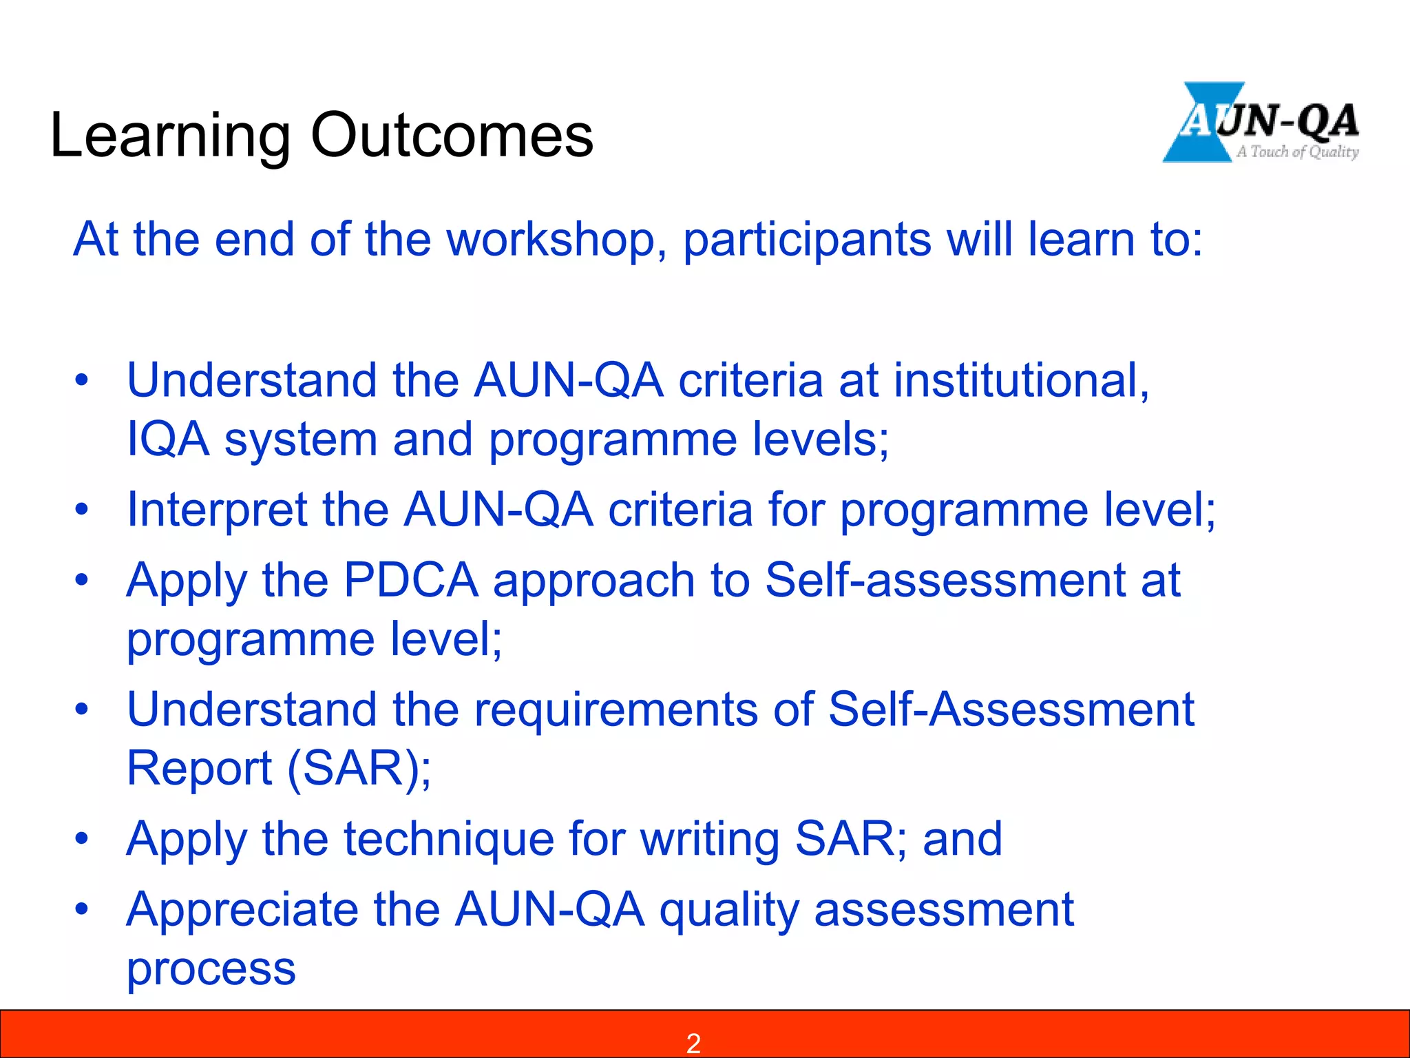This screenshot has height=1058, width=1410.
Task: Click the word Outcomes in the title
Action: coord(452,136)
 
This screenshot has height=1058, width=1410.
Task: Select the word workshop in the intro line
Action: coord(556,240)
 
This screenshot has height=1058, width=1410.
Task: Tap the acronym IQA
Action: coord(168,439)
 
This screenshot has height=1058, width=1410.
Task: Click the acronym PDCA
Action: coord(410,580)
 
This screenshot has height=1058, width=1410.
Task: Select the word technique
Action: coord(449,840)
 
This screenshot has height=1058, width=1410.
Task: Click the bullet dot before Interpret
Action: coord(82,510)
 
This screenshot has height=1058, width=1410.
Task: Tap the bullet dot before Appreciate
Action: coord(82,909)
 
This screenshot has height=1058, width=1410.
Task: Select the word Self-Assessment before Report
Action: coord(1011,709)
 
